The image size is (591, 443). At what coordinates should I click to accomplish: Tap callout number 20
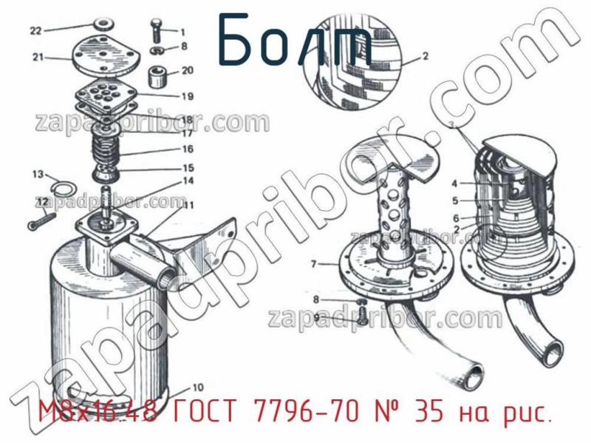point(187,71)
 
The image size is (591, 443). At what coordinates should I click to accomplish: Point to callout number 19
point(187,96)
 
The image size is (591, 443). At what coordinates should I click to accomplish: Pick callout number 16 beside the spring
point(188,149)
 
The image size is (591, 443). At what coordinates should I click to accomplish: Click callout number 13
point(37,175)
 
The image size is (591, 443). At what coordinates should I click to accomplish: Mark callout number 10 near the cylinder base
point(197,387)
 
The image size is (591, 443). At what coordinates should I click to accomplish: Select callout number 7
point(313,263)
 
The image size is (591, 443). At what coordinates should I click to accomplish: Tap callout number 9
point(316,317)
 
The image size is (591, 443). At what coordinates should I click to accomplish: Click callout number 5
point(456,200)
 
